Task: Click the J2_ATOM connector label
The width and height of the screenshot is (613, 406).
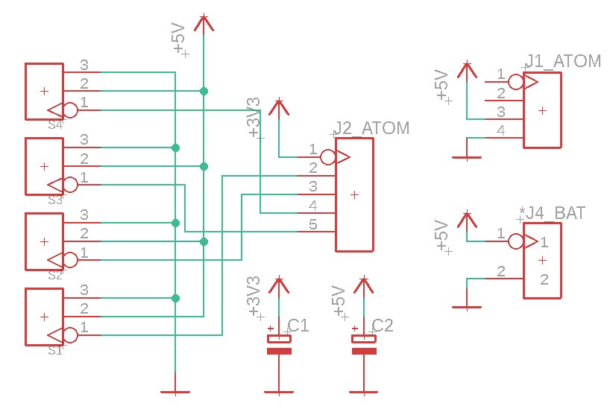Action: click(371, 128)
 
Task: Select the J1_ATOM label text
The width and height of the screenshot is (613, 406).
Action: click(563, 61)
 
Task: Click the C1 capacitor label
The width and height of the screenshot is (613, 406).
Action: click(298, 326)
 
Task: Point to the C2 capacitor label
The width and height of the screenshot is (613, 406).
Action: click(383, 326)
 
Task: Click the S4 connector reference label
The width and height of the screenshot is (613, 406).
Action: click(55, 125)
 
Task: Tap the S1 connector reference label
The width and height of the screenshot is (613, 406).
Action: click(55, 351)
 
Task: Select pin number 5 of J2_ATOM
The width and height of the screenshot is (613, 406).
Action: click(312, 224)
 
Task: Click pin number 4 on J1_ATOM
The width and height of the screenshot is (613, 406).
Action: click(501, 130)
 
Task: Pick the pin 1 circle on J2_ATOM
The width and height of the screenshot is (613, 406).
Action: click(327, 157)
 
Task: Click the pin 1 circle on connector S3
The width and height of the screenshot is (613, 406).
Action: click(70, 185)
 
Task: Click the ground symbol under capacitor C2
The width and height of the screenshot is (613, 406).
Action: click(364, 392)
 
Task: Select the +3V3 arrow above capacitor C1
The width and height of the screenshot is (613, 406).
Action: click(279, 286)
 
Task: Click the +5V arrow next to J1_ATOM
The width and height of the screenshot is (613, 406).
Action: click(467, 71)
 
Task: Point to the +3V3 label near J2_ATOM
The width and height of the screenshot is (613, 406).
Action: click(254, 118)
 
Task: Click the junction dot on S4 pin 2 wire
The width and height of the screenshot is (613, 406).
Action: click(204, 92)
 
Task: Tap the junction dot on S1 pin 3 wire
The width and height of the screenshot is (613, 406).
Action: click(175, 298)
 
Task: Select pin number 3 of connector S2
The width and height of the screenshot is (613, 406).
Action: click(84, 215)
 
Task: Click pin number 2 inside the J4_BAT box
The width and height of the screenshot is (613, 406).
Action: click(544, 279)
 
